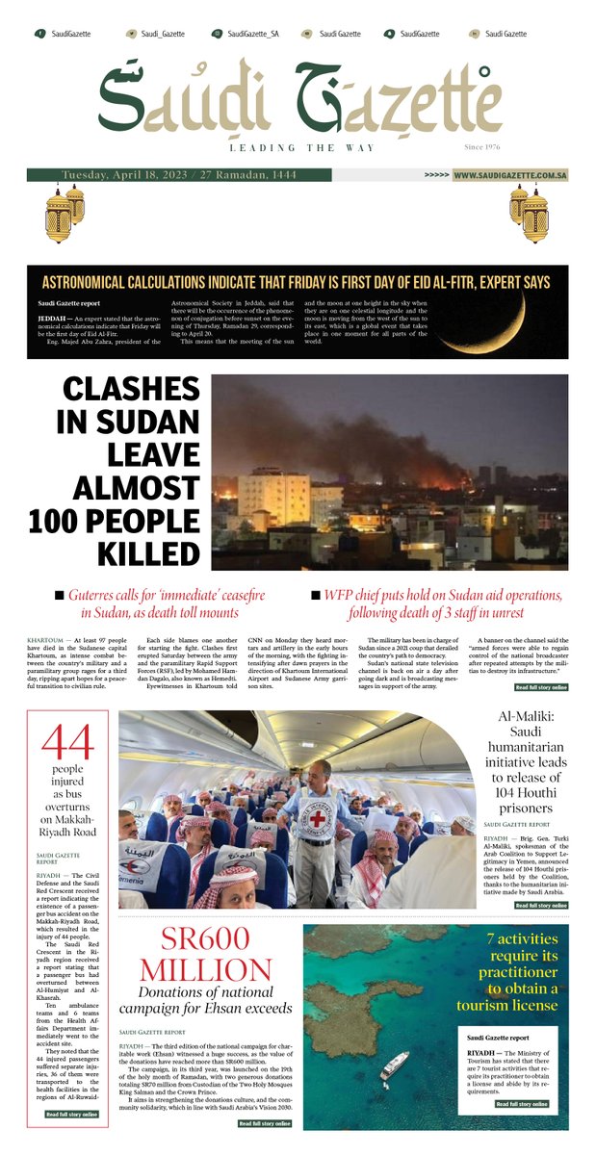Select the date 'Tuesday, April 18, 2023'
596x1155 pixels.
point(124,175)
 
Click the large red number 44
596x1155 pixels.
point(67,742)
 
